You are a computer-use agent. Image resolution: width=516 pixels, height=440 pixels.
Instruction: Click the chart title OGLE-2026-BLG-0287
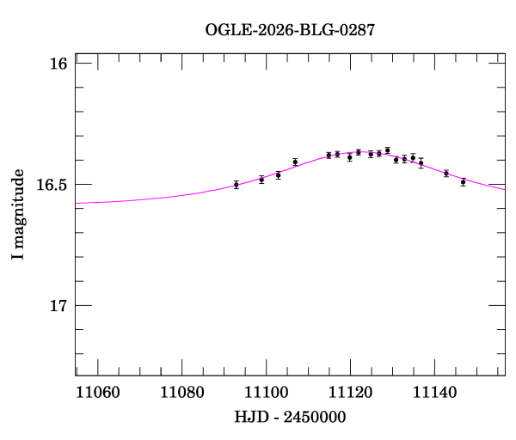tap(290, 30)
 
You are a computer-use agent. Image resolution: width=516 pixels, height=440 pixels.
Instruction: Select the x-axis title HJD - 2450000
tap(290, 417)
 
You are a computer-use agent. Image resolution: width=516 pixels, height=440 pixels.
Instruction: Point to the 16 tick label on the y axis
tap(58, 64)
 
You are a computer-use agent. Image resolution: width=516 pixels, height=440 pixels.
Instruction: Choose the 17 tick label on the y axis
tap(58, 306)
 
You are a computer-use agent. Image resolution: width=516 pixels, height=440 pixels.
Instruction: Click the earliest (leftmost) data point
tap(236, 185)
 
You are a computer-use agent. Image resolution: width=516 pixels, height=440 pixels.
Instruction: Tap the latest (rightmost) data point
tap(463, 182)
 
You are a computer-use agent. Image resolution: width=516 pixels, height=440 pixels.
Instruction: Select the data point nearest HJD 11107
tap(295, 162)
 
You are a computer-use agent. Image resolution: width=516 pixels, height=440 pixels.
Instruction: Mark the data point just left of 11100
tap(261, 180)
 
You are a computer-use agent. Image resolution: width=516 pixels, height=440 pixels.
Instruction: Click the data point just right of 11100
tap(278, 175)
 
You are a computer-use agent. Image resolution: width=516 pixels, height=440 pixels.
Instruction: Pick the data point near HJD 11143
tap(445, 174)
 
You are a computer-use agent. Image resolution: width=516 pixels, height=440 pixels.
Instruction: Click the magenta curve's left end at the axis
tap(77, 203)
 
